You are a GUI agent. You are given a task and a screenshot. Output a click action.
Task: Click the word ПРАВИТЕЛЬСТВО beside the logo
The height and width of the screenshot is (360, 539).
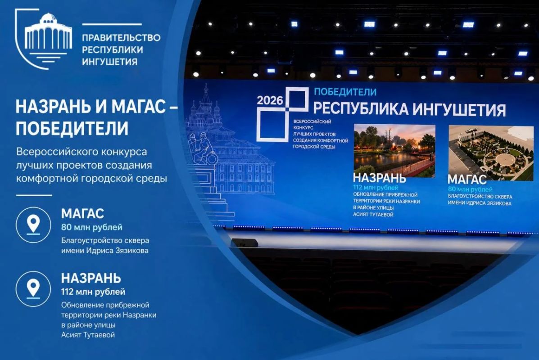(121, 37)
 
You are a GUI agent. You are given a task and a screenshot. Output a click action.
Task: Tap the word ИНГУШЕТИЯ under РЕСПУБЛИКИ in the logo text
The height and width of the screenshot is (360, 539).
(110, 62)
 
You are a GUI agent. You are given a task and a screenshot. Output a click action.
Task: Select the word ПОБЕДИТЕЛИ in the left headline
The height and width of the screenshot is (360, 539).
(72, 128)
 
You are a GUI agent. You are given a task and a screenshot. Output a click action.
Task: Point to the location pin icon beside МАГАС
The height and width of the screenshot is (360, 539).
(33, 225)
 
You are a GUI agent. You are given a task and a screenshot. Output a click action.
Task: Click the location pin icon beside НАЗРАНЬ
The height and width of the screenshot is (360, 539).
(33, 289)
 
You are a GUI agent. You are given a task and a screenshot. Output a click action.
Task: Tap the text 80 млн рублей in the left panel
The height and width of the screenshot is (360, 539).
(92, 227)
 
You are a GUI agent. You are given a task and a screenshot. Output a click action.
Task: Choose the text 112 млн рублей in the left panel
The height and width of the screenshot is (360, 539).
(93, 292)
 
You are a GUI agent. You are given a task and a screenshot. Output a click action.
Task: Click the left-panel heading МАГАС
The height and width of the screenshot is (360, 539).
(82, 214)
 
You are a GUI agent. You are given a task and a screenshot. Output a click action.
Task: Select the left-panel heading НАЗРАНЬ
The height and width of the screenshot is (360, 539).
(91, 278)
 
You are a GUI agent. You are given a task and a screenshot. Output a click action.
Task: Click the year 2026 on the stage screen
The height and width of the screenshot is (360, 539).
(270, 100)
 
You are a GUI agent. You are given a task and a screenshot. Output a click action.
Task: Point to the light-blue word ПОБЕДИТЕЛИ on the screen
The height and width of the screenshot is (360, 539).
(345, 92)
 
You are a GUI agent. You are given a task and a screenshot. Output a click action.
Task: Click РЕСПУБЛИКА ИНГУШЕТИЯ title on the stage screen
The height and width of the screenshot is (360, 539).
(409, 109)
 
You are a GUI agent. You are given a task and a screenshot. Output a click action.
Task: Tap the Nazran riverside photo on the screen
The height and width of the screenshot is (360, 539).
(394, 150)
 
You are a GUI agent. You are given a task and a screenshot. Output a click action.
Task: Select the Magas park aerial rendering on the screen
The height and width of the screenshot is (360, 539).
(491, 152)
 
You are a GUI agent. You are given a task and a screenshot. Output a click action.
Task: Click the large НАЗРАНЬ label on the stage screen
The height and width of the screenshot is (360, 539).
(380, 178)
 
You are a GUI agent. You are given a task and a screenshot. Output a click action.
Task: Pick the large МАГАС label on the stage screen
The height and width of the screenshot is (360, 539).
(467, 179)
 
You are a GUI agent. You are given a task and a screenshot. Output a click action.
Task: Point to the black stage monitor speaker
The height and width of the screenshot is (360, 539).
(245, 243)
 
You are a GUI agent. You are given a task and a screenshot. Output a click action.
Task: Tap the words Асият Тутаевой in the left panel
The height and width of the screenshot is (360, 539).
(88, 335)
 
